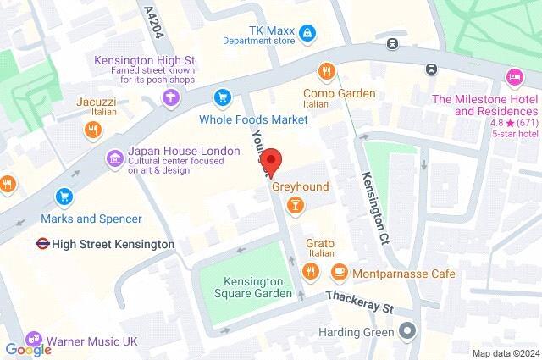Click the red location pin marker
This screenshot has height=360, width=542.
(270, 161)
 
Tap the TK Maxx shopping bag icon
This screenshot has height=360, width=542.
(307, 33)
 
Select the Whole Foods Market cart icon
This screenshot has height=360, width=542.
(223, 97)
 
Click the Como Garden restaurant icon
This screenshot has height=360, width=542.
(324, 71)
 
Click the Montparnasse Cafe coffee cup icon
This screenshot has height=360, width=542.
(339, 272)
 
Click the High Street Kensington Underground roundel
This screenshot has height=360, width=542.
(40, 244)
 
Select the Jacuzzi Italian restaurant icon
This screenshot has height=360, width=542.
(92, 130)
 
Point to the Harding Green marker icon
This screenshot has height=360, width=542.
(409, 329)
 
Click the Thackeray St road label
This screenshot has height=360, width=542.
(362, 302)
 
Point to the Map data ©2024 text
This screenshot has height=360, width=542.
(505, 352)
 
